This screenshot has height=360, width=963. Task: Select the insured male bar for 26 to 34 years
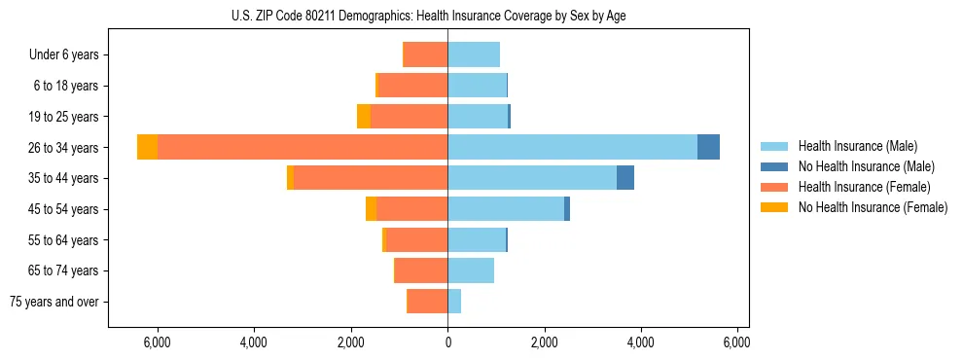pos(572,147)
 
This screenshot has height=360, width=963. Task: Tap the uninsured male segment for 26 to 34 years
pos(708,147)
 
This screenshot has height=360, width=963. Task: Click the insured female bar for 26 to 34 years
pos(303,147)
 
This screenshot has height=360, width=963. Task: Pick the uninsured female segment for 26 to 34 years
pos(147,147)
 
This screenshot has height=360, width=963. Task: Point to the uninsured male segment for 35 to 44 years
pos(625,178)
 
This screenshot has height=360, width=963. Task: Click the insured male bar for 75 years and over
pos(454,302)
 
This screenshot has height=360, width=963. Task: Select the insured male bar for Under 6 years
pos(474,54)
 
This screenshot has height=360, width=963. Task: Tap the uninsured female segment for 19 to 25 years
pos(364,117)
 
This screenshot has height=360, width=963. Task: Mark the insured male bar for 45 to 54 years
pos(506,209)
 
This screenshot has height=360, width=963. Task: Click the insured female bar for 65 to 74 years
pos(421,270)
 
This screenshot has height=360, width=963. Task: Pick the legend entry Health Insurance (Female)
pos(863,187)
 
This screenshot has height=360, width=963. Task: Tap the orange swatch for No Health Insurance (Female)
pos(774,207)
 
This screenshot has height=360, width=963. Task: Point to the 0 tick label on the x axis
pos(447,342)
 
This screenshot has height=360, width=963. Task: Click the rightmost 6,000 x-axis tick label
pos(737,342)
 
